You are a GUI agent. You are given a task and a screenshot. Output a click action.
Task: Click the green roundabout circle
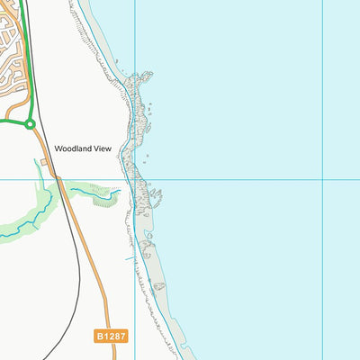[x=30, y=123]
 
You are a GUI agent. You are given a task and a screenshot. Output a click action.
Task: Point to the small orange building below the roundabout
[x=44, y=162]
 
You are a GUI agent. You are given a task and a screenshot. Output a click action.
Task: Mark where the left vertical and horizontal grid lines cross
[x=135, y=179]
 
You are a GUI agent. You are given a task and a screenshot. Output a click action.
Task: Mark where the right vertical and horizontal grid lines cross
[x=323, y=179]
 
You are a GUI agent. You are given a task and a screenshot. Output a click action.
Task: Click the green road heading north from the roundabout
[x=27, y=72]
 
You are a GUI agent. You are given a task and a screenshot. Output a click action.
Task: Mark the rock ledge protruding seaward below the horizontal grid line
[x=155, y=195]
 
